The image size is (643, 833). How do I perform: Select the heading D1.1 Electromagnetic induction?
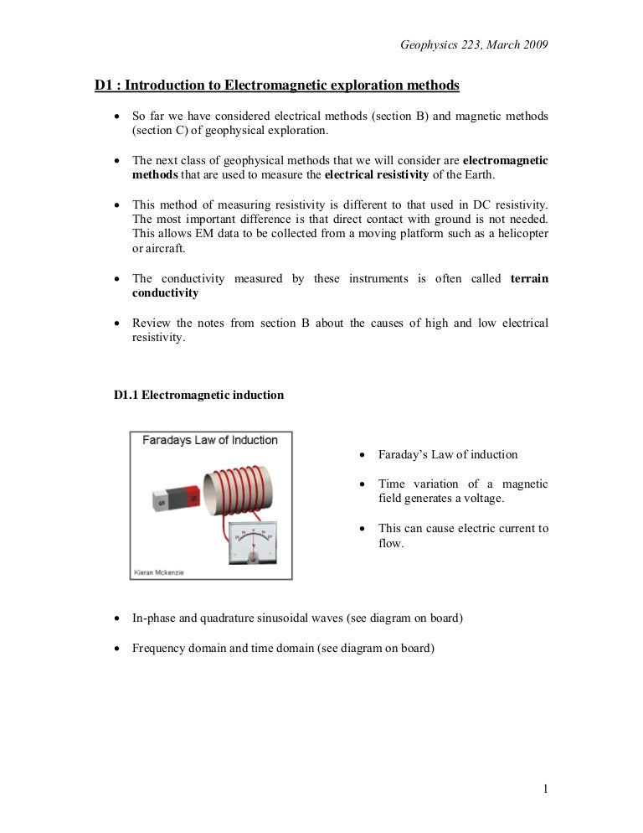coord(198,395)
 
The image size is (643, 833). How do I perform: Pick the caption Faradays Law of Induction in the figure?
coord(209,440)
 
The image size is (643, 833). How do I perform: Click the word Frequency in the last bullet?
coord(159,649)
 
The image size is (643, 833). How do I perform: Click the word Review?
coord(152,323)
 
